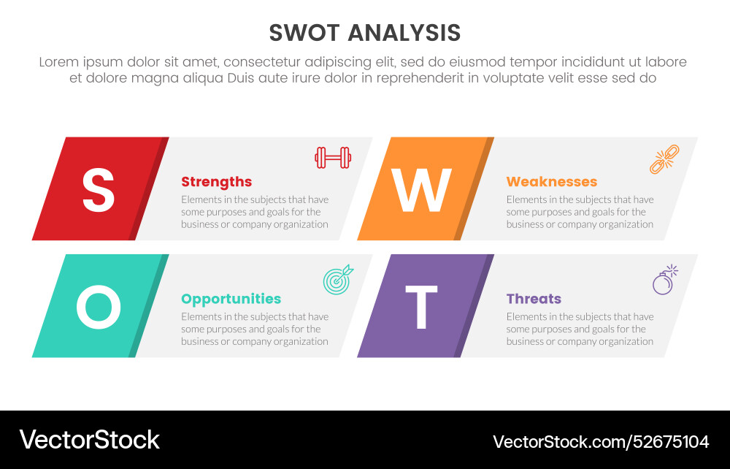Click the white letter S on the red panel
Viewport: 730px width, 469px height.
98,190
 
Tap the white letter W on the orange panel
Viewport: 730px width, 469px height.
422,190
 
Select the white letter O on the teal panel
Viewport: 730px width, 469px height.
99,307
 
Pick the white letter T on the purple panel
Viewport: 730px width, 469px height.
421,308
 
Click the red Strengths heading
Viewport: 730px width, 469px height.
216,182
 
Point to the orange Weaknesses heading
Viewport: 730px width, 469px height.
551,182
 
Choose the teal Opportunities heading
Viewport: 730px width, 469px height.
231,299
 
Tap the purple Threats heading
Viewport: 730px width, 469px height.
534,299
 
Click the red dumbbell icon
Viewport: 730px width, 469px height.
333,157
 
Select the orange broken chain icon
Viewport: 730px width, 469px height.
664,159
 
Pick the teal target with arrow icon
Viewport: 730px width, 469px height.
338,278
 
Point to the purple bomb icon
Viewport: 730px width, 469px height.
664,280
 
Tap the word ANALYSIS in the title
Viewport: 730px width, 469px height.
404,33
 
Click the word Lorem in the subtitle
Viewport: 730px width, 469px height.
59,62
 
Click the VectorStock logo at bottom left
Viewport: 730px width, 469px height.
89,440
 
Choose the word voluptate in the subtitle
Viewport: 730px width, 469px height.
526,78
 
